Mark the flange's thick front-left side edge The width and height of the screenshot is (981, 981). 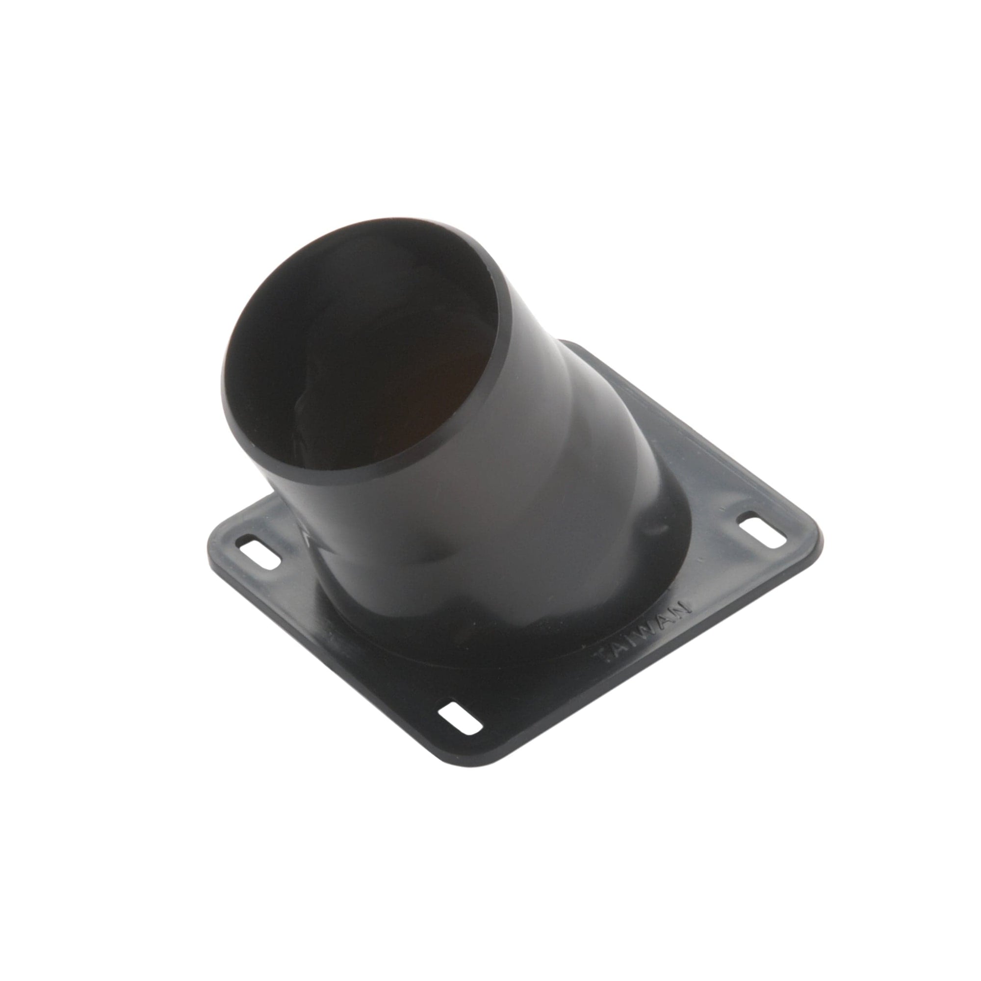click(330, 660)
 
